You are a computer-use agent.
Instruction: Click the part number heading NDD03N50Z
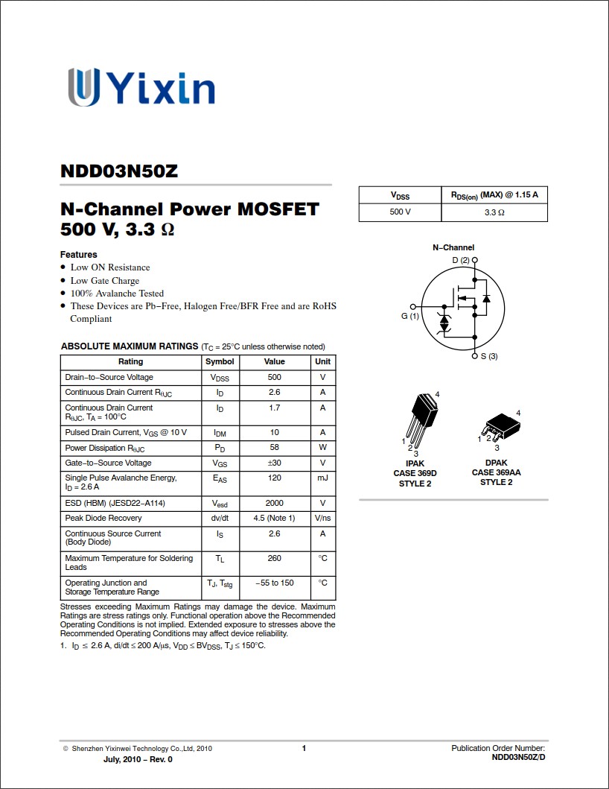(119, 171)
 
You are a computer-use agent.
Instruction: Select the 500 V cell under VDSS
(400, 212)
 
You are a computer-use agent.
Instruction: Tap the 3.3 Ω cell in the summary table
(494, 212)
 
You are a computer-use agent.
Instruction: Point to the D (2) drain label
(461, 260)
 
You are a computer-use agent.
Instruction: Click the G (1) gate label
(410, 316)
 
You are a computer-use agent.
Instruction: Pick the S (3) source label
(488, 356)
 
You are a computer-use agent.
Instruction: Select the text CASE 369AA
(496, 472)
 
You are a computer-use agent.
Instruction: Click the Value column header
(274, 361)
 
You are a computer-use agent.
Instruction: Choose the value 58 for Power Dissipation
(274, 448)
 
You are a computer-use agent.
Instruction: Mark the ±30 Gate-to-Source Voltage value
(274, 463)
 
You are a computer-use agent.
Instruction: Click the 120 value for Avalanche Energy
(274, 478)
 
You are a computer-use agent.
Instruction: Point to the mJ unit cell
(322, 478)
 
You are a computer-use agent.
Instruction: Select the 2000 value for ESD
(274, 503)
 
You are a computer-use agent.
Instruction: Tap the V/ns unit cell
(322, 518)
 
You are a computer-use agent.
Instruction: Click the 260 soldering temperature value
(274, 558)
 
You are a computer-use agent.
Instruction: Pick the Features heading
(79, 255)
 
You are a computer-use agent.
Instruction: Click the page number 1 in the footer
(304, 748)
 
